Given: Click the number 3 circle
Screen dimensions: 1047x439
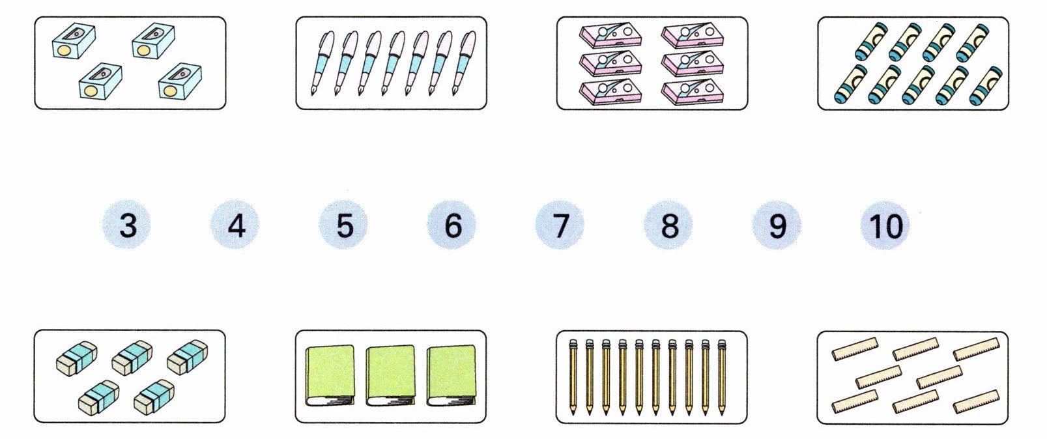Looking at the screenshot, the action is coord(128,225).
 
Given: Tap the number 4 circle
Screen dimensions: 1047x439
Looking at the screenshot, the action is coord(236,225).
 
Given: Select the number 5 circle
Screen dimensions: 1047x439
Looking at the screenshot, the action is coord(344,225).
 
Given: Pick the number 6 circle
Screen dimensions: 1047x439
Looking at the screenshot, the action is coord(452,225).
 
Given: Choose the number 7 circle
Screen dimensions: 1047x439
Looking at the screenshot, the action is coord(560,225).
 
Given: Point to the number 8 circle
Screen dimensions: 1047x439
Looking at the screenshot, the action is coord(668,225).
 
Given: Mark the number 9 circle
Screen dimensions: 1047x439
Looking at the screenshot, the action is coord(777,225).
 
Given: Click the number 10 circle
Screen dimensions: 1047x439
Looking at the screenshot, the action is coord(885,225).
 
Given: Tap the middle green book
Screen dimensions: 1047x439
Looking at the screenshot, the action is coord(390,376).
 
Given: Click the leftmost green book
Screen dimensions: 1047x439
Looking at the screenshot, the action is coord(330,376).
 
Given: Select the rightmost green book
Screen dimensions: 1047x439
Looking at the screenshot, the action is coord(451,376).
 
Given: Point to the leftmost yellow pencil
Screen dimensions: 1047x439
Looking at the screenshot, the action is coord(573,376).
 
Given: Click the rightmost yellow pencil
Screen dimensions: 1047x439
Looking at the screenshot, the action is coord(722,376).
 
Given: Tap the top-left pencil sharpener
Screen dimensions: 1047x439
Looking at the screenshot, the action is coord(73,41).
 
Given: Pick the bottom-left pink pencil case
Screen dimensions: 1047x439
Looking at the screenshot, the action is coord(610,91).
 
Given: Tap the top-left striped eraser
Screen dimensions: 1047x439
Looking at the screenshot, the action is coord(77,358).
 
